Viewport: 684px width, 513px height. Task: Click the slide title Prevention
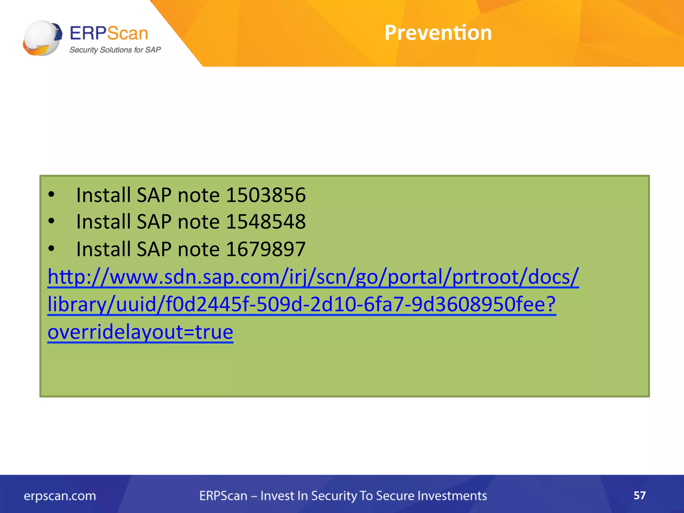[x=438, y=33]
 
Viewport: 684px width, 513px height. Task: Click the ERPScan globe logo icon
[x=42, y=38]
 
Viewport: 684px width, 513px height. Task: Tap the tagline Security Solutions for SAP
[x=115, y=50]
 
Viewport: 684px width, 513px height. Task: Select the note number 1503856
[x=266, y=195]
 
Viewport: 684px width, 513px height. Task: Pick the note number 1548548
[x=266, y=222]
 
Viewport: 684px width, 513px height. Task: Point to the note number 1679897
[x=266, y=249]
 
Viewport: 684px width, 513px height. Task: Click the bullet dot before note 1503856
[x=51, y=194]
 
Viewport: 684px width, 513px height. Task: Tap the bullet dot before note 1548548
[x=51, y=221]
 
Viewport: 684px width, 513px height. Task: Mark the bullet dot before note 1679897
[x=51, y=248]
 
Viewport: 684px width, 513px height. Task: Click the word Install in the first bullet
[x=104, y=195]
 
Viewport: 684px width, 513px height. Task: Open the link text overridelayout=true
[x=140, y=332]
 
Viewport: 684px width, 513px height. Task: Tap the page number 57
[x=640, y=495]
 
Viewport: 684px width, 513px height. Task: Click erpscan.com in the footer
[x=60, y=496]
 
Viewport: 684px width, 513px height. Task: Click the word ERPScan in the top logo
[x=109, y=33]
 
